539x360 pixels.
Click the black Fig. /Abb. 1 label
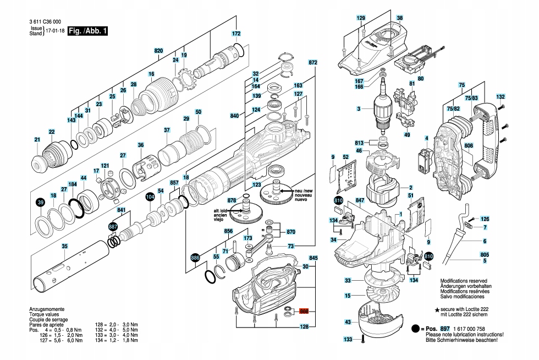click(87, 31)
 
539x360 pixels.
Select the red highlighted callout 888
click(304, 311)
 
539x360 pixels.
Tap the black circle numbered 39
click(40, 204)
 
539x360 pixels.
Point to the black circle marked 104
click(150, 195)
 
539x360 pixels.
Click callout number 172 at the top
click(236, 34)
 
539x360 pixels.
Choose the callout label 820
click(158, 51)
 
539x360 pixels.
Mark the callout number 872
click(313, 63)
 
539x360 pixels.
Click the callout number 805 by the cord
click(485, 254)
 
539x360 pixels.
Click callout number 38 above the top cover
click(399, 19)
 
